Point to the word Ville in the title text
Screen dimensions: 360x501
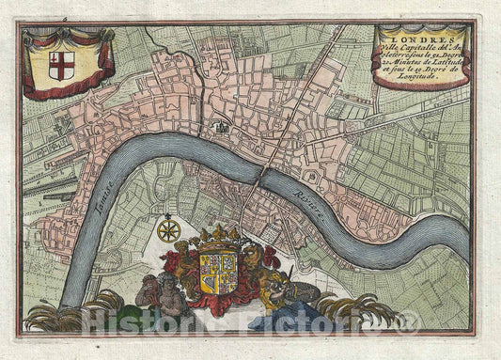[399, 49]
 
